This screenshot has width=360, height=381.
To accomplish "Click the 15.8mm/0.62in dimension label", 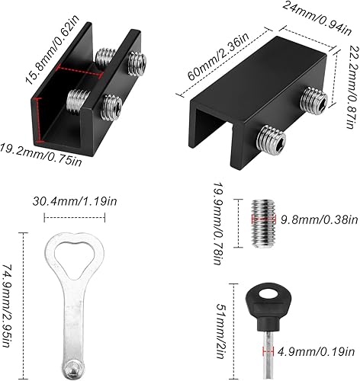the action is point(52,50).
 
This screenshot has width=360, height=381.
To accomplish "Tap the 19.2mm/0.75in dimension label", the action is point(40,155).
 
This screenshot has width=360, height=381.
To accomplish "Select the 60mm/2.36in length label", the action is point(218,57).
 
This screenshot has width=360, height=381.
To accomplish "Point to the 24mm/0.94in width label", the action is point(317,18).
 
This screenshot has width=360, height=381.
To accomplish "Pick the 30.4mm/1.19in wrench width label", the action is point(75,202).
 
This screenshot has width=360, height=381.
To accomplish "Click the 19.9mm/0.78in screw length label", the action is point(219,223).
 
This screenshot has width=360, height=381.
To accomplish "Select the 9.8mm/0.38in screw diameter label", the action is point(320,219).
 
